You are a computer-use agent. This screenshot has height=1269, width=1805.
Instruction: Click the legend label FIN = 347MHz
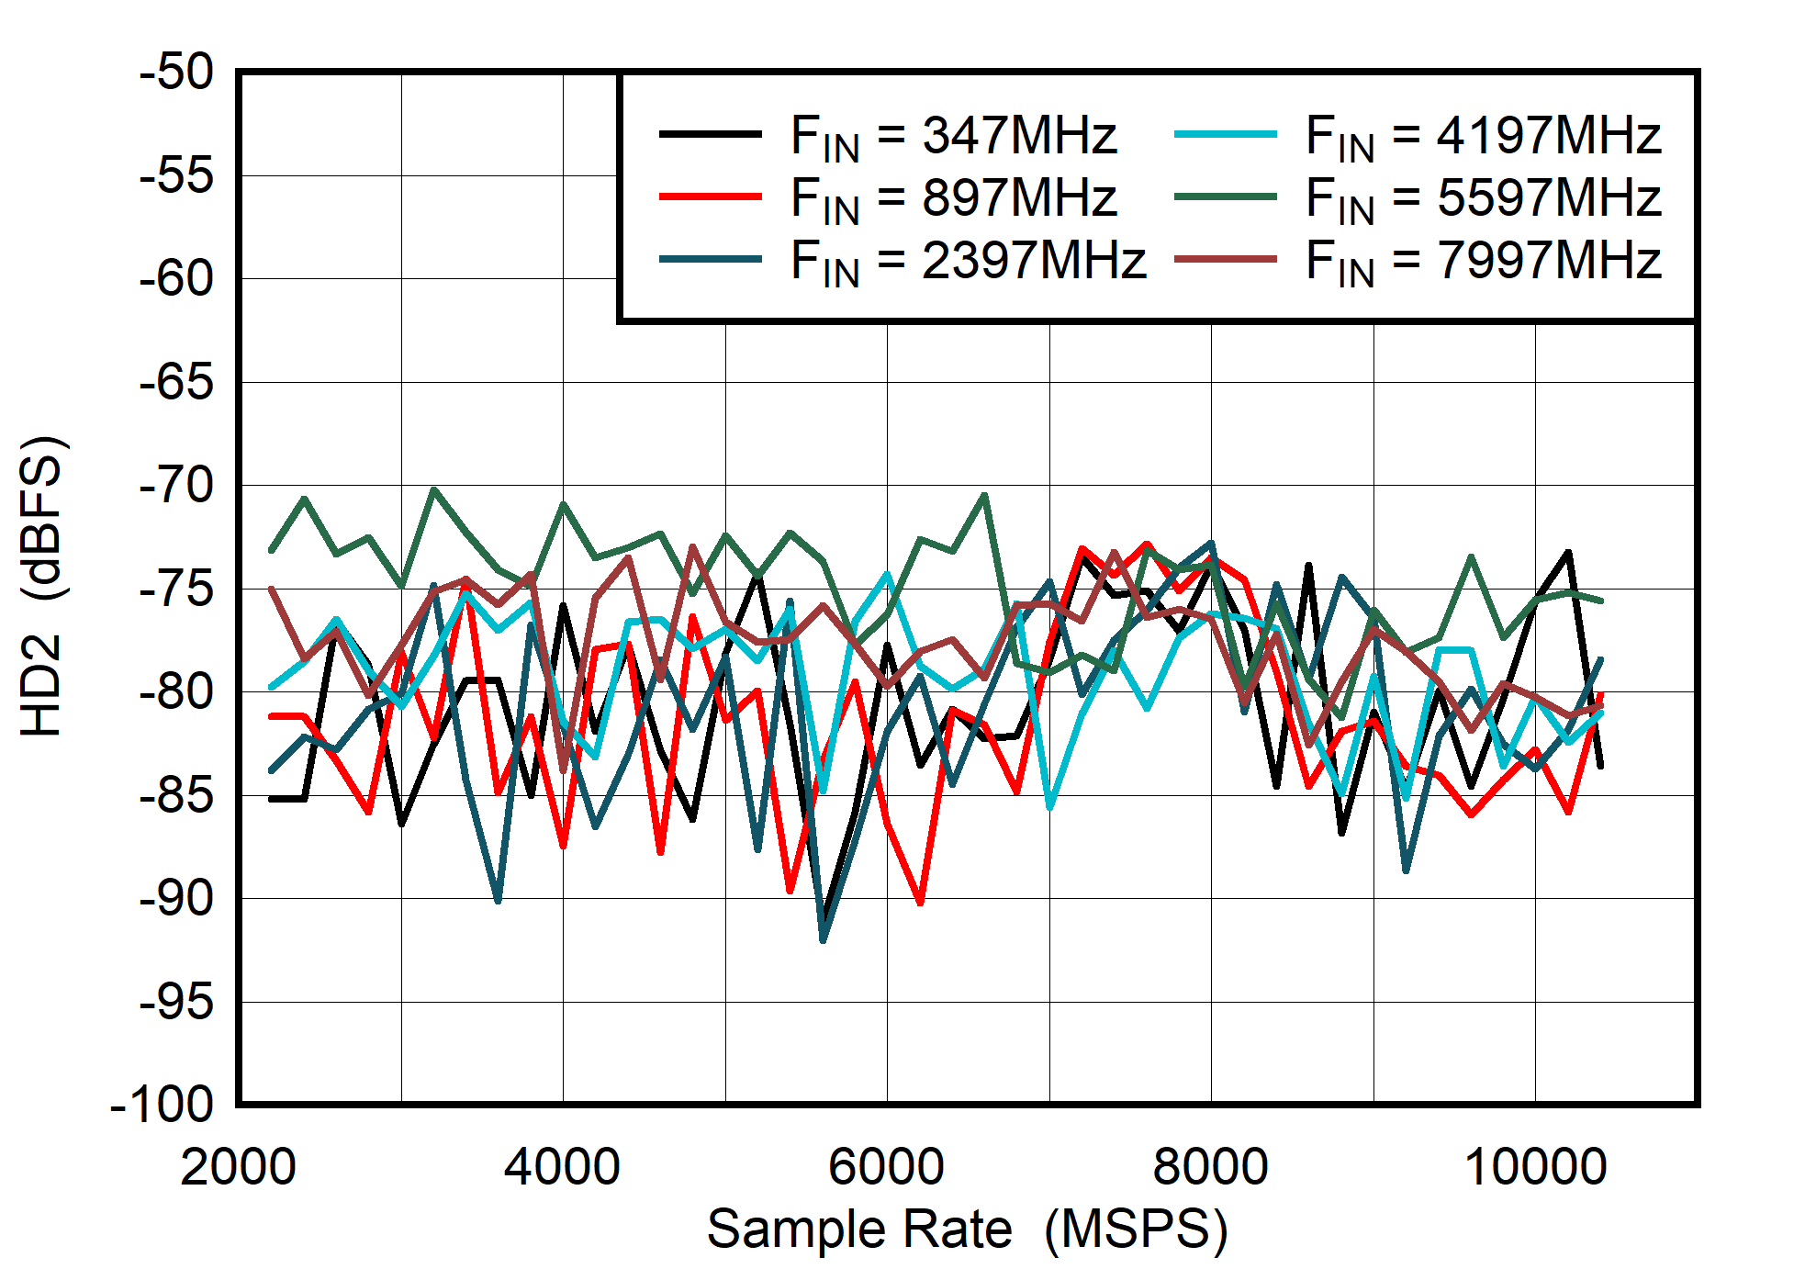tap(953, 136)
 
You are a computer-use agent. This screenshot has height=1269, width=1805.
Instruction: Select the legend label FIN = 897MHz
tap(953, 198)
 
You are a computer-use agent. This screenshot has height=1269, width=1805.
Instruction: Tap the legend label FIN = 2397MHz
tap(968, 261)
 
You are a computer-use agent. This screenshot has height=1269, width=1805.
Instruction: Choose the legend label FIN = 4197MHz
tap(1483, 136)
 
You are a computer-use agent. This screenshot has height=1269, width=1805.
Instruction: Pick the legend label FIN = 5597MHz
tap(1483, 198)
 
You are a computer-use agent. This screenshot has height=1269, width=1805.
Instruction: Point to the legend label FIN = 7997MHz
tap(1483, 261)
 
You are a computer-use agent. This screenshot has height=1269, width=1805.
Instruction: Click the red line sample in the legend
tap(710, 197)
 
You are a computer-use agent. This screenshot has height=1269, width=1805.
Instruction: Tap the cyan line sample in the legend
tap(1225, 134)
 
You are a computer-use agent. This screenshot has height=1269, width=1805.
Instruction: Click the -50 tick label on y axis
tap(176, 73)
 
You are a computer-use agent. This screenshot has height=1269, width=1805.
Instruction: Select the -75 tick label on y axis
tap(176, 589)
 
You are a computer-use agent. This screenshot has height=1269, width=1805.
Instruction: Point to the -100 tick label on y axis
tap(162, 1105)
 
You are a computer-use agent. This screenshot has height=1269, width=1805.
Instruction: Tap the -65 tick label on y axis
tap(176, 382)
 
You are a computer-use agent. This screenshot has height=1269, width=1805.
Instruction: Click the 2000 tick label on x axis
tap(238, 1168)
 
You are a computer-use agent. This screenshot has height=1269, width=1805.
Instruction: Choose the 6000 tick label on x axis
tap(886, 1168)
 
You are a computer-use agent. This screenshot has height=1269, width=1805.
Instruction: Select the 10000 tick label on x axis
tap(1535, 1168)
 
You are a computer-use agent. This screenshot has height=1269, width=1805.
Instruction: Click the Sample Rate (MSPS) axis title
tap(967, 1229)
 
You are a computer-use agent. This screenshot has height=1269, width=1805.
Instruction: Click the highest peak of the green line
tap(433, 489)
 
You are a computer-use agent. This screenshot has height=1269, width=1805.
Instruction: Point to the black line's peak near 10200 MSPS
tap(1568, 552)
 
